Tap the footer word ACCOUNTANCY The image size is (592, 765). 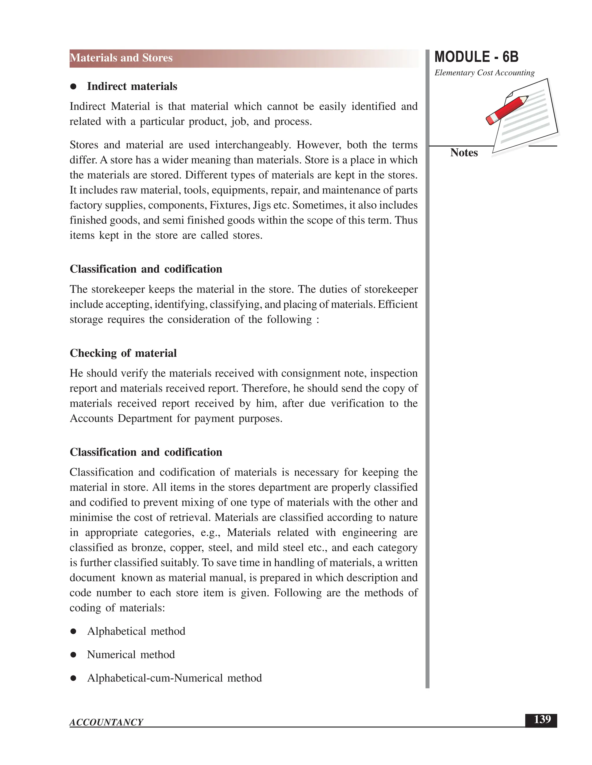coord(106,722)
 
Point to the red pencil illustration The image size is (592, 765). coord(507,110)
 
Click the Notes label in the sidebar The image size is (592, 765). coord(464,153)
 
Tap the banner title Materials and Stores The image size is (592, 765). coord(121,58)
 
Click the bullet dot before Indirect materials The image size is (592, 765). coord(73,87)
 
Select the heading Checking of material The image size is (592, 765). coord(123,353)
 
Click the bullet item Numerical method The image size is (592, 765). coord(131,655)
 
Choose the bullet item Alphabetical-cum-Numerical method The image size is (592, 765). coord(174,678)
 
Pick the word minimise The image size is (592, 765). coord(90,518)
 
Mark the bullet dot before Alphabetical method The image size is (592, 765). coord(73,632)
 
